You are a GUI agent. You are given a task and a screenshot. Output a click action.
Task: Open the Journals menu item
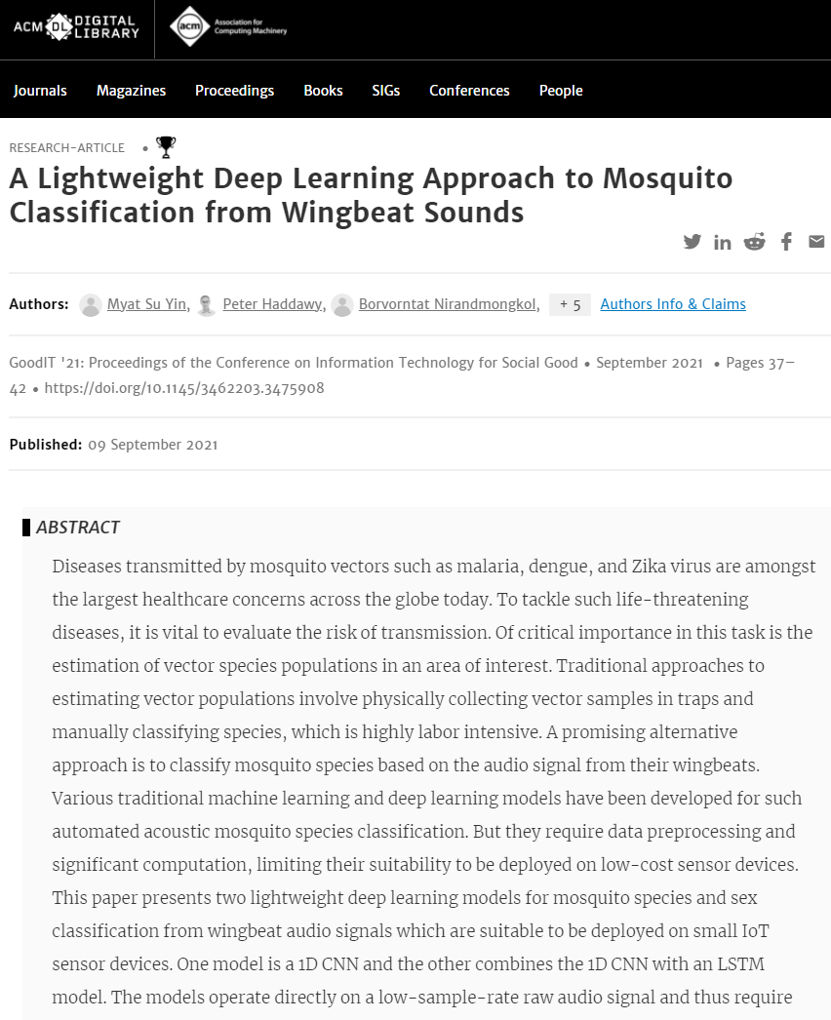[40, 91]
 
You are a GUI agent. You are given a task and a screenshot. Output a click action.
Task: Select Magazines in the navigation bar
[131, 91]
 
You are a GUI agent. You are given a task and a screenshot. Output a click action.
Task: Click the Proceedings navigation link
[234, 91]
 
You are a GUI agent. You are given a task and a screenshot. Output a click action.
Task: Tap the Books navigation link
[323, 91]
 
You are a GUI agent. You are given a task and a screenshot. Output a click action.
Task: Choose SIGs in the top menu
[386, 91]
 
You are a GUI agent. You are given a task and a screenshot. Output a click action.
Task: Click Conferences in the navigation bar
[469, 91]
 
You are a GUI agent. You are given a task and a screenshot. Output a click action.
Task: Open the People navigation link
[561, 91]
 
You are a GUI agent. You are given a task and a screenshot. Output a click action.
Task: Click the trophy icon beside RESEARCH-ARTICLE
[167, 147]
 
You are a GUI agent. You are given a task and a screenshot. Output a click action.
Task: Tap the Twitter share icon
[692, 242]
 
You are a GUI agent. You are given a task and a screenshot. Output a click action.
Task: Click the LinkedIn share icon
[723, 242]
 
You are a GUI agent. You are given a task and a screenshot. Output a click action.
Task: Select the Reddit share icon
[754, 242]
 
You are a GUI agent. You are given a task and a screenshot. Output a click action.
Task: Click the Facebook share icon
[786, 242]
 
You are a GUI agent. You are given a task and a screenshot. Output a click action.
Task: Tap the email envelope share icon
[816, 242]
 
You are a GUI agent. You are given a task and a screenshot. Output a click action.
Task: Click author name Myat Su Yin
[146, 304]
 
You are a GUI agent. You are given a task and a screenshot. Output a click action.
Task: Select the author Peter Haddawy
[273, 304]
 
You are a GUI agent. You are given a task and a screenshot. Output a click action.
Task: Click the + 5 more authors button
[570, 304]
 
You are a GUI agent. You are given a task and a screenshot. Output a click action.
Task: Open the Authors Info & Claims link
[673, 304]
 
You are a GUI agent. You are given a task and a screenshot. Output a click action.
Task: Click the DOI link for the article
[184, 388]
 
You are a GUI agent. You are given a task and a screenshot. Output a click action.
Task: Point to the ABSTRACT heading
[78, 528]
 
